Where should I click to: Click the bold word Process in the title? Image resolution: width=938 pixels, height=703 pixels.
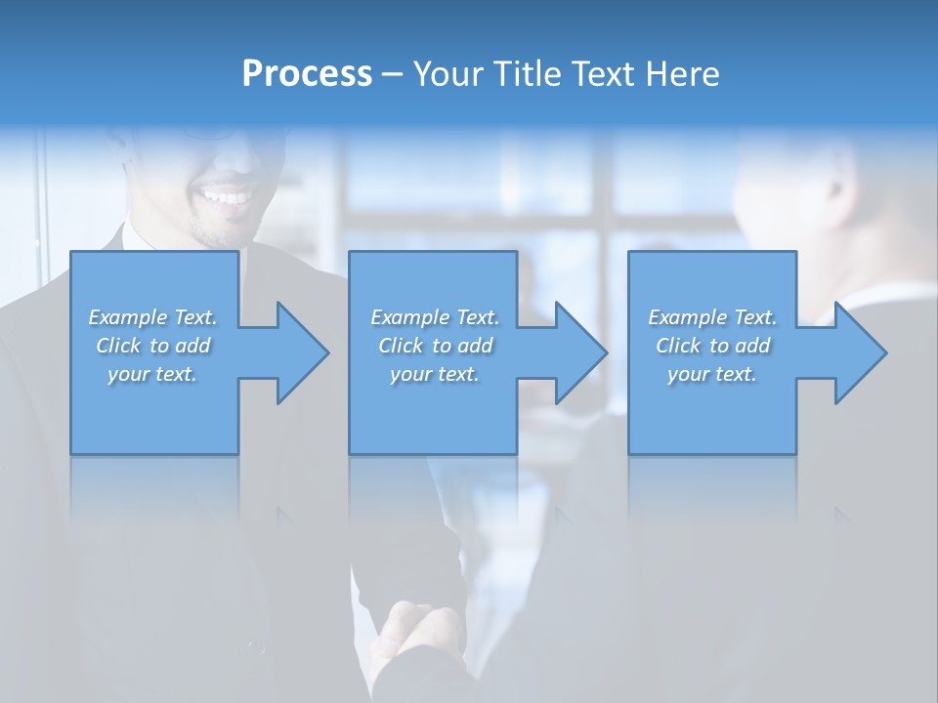click(x=307, y=74)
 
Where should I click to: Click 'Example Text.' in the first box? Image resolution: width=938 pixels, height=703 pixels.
click(x=152, y=317)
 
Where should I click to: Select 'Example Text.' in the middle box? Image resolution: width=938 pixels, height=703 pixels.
click(x=435, y=317)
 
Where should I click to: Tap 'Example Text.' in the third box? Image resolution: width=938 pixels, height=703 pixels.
click(x=712, y=317)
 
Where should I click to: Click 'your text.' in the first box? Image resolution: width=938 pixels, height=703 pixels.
click(x=152, y=374)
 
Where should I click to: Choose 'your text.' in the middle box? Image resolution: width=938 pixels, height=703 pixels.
click(x=435, y=374)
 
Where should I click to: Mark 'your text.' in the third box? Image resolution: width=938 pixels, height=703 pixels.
click(x=712, y=374)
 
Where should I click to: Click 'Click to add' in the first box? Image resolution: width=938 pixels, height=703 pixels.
click(x=152, y=346)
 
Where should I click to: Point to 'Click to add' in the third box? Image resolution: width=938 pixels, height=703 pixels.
click(x=712, y=346)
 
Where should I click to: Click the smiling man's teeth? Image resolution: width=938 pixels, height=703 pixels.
click(x=225, y=196)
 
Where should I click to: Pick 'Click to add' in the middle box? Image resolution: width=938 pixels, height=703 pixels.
click(x=435, y=346)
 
